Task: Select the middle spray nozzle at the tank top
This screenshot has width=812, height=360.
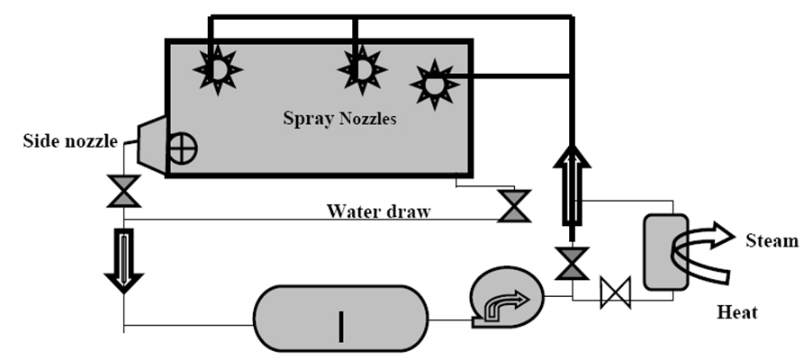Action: (361, 68)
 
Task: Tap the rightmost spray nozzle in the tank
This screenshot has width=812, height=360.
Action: (435, 85)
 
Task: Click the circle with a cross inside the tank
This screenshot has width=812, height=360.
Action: (183, 150)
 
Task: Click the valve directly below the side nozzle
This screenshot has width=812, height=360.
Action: (123, 192)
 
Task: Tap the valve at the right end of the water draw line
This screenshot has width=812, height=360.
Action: (515, 205)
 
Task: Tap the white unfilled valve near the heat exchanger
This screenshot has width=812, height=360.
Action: (616, 292)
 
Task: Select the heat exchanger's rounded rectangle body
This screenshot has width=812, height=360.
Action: (664, 252)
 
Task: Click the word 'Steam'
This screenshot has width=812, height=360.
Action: (771, 241)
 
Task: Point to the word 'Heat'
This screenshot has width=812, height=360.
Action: (736, 312)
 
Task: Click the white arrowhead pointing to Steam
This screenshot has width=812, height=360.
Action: (721, 237)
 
